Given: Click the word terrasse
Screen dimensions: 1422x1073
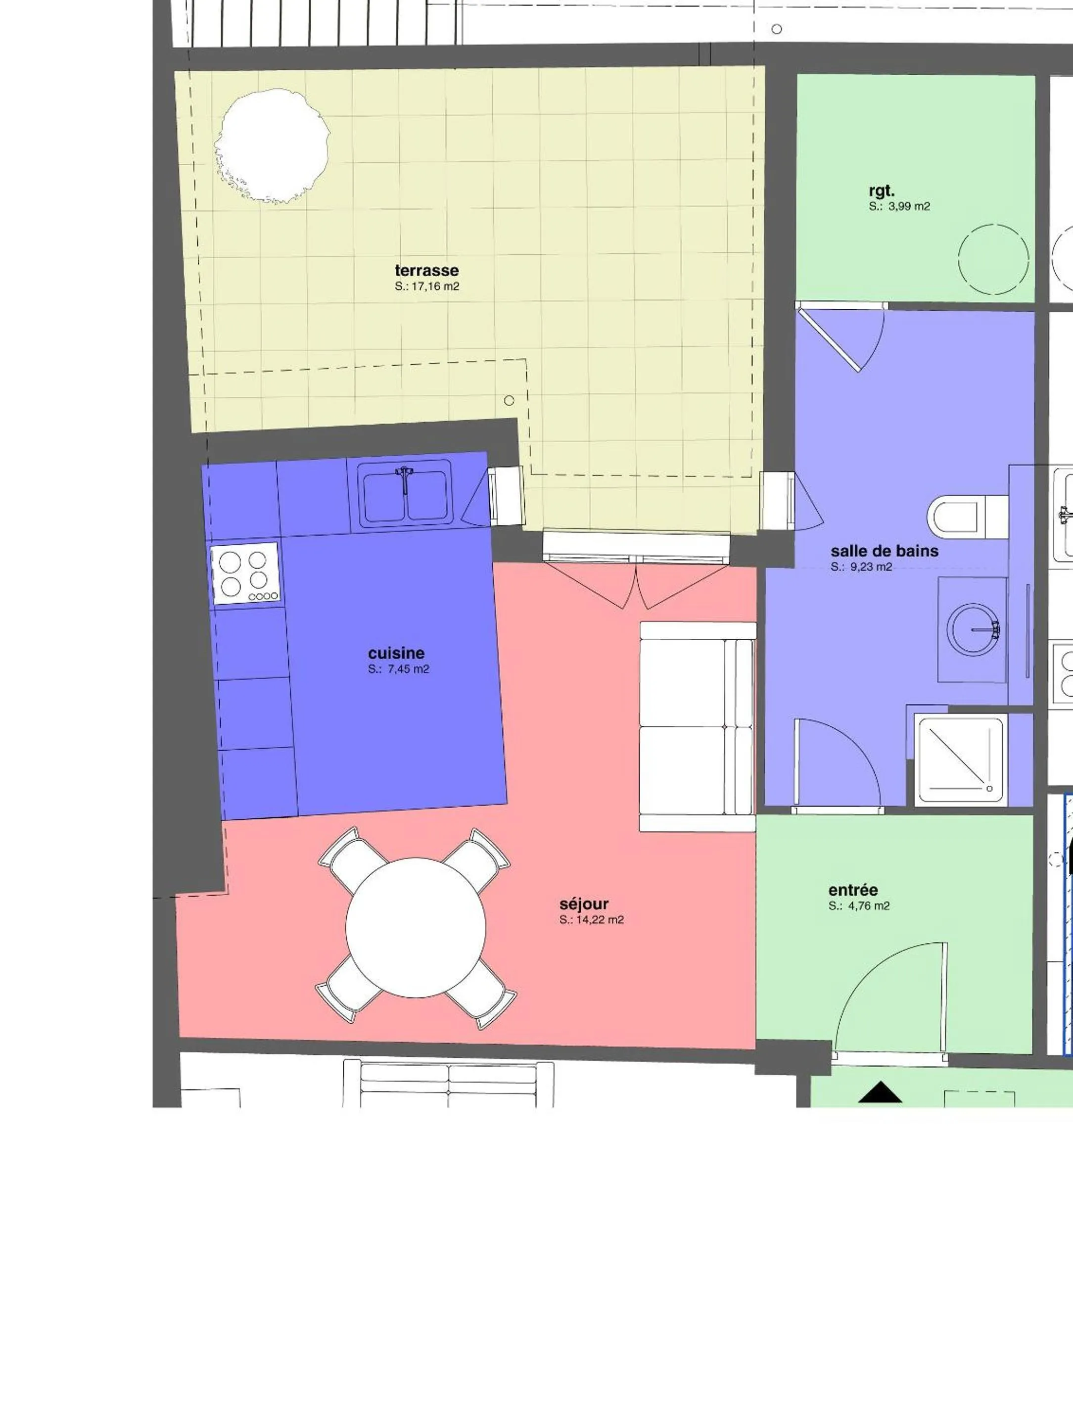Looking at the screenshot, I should pos(426,271).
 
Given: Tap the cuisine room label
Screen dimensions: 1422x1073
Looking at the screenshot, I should pos(396,653).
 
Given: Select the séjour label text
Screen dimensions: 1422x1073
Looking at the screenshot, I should pos(583,904).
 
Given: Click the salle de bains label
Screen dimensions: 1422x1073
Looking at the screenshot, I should pos(884,551).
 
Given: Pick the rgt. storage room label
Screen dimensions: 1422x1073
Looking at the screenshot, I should pos(882,191).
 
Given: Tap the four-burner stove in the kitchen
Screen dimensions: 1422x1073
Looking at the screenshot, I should pos(245,573).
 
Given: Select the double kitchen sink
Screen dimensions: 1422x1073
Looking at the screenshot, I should pos(404,496).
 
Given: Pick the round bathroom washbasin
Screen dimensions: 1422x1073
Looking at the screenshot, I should pos(973,629).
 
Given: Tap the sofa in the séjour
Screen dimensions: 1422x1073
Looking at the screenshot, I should pos(698,726).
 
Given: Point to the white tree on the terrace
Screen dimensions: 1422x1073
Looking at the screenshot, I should pos(273,146).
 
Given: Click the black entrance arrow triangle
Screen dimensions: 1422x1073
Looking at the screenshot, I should pos(880,1091).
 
